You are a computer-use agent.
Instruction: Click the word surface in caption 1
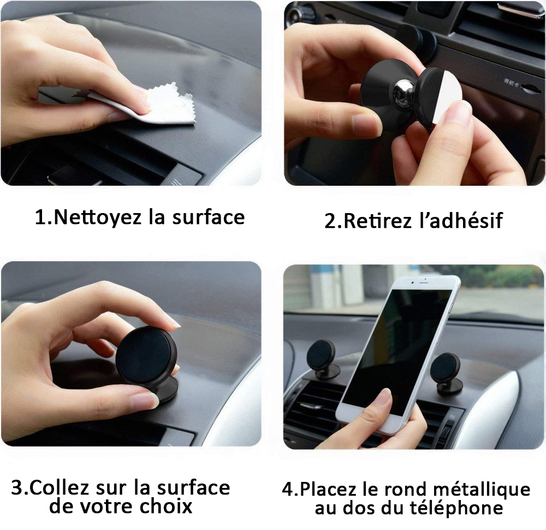pos(208,217)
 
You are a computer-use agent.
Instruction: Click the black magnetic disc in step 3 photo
pos(145,355)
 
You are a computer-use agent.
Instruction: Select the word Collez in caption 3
pos(59,487)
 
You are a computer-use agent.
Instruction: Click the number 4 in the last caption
pos(288,488)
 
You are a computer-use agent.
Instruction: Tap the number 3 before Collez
pos(17,487)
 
